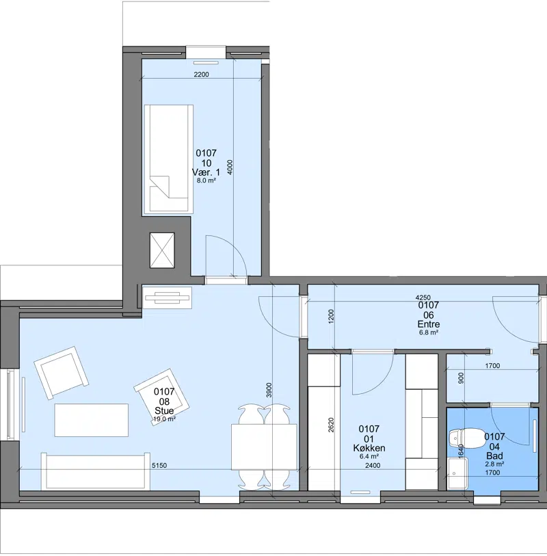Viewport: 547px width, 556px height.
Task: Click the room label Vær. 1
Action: point(206,172)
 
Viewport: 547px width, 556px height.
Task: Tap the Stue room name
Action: point(164,410)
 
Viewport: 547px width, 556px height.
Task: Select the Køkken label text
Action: point(369,448)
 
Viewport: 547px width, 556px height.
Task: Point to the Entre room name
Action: point(429,324)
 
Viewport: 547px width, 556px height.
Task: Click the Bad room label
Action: point(494,455)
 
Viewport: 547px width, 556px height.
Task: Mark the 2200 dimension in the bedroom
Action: point(201,75)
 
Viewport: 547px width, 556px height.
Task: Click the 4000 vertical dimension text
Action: point(230,168)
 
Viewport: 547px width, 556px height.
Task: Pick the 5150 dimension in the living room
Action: point(159,466)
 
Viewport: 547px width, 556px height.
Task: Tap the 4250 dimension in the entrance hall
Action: point(423,298)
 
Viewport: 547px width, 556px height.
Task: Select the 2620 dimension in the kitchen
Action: point(331,425)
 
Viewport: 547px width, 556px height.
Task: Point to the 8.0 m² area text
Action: point(206,180)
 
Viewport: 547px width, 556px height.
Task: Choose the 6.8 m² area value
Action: point(429,332)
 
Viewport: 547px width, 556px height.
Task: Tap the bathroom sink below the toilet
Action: point(457,473)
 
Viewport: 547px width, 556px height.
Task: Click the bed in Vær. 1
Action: point(168,159)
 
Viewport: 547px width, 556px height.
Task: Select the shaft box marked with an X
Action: point(162,250)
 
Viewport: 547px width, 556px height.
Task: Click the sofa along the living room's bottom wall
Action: point(96,471)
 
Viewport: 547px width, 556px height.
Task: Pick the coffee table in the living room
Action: point(92,420)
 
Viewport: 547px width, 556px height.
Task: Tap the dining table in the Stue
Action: point(264,446)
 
